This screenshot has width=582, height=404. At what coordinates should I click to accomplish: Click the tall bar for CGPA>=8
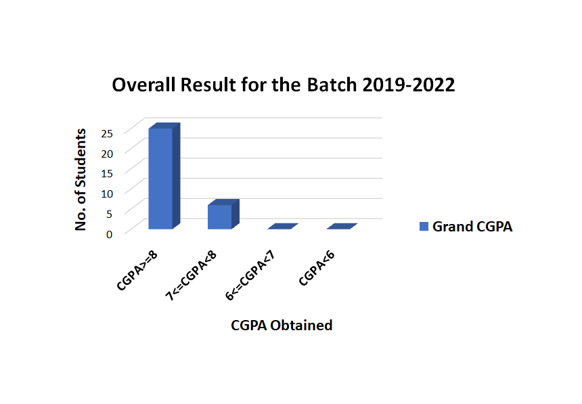[x=164, y=176]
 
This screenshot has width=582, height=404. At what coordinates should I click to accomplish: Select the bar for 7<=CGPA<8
[x=223, y=215]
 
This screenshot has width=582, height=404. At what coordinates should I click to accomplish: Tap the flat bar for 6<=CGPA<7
[x=283, y=227]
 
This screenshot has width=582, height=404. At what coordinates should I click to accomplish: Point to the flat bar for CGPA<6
[x=342, y=227]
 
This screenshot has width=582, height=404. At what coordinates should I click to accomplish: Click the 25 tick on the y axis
[x=107, y=134]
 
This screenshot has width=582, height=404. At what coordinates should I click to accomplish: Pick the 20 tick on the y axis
[x=107, y=154]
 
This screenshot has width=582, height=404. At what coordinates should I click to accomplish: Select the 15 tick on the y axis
[x=107, y=174]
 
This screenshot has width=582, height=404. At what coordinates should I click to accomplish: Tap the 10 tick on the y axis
[x=107, y=194]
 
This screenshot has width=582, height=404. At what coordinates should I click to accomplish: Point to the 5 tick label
[x=109, y=215]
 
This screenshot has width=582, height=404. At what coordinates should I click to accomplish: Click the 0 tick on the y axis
[x=109, y=235]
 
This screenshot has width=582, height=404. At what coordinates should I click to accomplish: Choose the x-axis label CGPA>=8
[x=137, y=270]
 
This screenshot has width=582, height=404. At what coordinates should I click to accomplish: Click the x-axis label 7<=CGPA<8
[x=190, y=275]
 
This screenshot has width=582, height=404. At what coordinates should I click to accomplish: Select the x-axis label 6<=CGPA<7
[x=250, y=275]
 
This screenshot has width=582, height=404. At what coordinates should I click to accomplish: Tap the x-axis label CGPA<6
[x=317, y=268]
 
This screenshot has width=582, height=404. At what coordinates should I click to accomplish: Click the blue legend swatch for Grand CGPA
[x=424, y=227]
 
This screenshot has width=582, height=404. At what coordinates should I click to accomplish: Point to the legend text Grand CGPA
[x=472, y=227]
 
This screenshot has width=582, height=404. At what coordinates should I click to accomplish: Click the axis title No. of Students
[x=81, y=180]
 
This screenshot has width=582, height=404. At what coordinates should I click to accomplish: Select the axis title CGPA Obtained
[x=282, y=326]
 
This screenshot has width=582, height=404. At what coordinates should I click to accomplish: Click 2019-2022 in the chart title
[x=409, y=85]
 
